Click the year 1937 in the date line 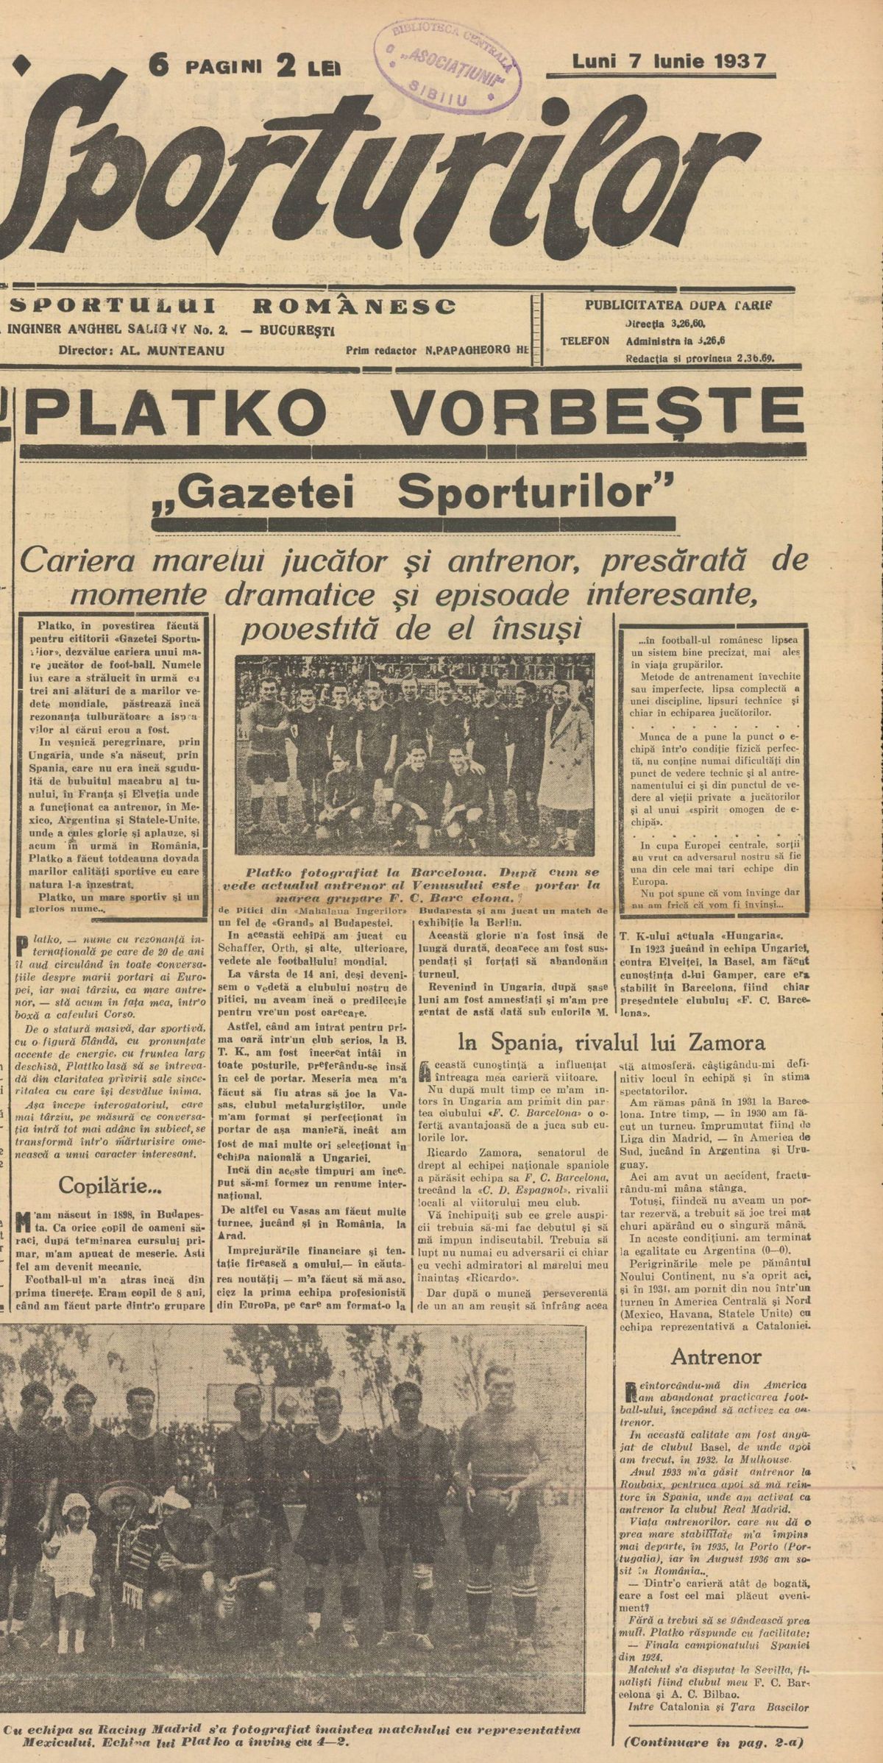click(x=740, y=61)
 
